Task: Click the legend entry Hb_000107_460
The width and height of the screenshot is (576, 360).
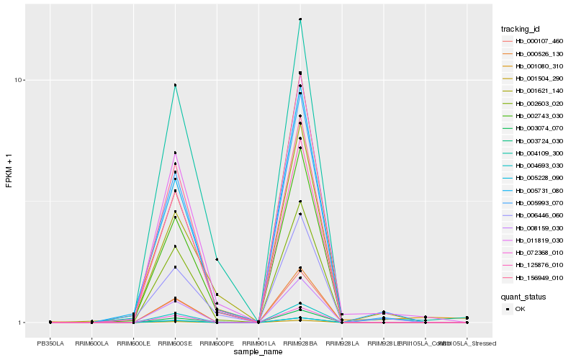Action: [534, 41]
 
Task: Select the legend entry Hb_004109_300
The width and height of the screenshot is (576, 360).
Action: [534, 153]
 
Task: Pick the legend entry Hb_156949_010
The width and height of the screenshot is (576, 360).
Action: [534, 277]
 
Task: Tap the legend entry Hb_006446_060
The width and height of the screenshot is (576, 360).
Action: [534, 215]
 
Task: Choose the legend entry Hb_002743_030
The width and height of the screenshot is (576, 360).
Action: [534, 116]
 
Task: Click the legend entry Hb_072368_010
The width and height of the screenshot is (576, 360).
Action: [534, 253]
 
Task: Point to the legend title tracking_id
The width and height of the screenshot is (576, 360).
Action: [521, 29]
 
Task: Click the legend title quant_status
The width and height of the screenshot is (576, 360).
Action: [523, 297]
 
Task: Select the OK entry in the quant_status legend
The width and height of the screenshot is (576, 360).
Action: [519, 309]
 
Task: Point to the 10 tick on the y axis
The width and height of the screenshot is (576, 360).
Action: [20, 80]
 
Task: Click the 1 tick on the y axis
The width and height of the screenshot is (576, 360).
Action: [22, 323]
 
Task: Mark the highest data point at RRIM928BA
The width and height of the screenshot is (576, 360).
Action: [300, 19]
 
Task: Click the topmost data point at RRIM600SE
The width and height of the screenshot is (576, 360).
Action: [175, 85]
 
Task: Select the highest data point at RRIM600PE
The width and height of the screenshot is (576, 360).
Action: [217, 259]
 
